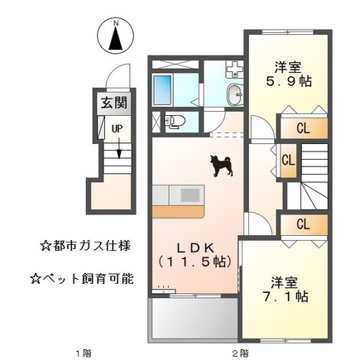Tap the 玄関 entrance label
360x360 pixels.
point(114,104)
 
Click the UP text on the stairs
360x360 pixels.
point(118,129)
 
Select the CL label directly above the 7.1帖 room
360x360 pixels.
point(303,224)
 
